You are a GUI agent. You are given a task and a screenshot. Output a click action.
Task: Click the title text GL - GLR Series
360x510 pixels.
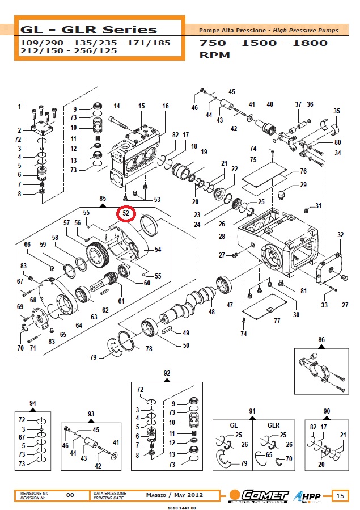click(88, 29)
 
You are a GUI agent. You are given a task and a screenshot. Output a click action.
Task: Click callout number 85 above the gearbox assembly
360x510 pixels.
click(103, 199)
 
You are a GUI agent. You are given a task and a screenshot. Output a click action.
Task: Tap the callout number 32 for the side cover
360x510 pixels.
click(340, 234)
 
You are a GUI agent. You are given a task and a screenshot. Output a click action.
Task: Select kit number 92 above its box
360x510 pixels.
click(167, 373)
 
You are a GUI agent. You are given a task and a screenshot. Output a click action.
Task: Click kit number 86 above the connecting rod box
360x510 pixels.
click(322, 340)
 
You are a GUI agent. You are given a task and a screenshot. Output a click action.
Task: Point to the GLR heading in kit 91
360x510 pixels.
click(273, 424)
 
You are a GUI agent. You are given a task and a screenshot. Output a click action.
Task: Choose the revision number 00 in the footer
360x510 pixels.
click(70, 495)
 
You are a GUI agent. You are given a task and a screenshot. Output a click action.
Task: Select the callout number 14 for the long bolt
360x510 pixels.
click(117, 106)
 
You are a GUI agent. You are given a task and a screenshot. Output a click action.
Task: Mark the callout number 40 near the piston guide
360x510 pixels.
click(270, 104)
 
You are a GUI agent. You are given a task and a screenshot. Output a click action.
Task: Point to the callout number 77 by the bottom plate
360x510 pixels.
click(277, 321)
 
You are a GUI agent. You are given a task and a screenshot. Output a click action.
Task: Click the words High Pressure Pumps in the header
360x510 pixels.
click(311, 30)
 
